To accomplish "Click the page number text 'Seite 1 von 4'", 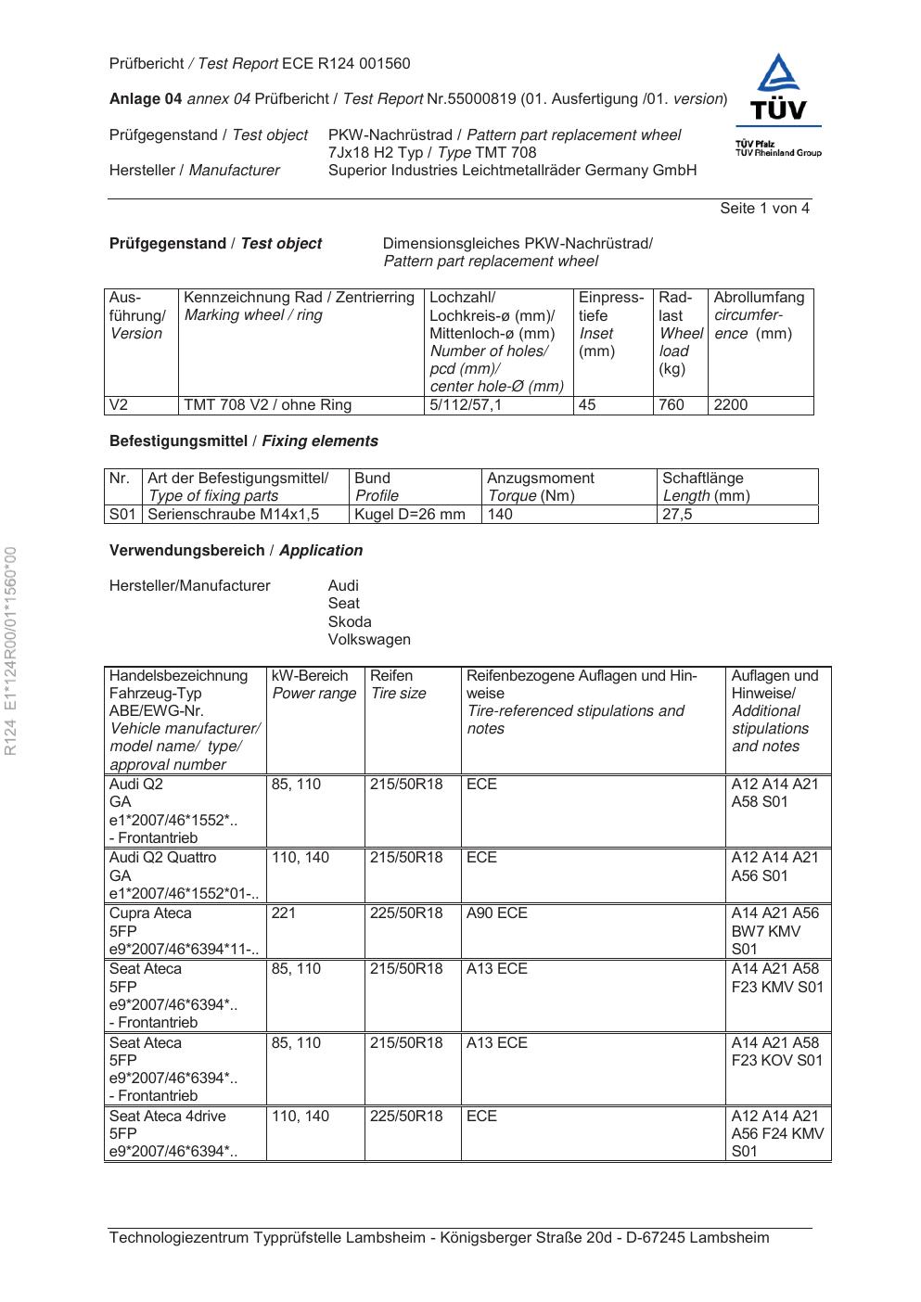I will pos(764,209).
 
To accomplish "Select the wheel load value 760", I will pos(671,405).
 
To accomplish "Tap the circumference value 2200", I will pos(730,405).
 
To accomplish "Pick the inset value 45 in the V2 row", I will pos(587,405).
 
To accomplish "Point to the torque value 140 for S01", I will pos(500,514).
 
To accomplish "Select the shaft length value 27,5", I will pos(677,514).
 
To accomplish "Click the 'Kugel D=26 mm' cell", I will pos(410,514).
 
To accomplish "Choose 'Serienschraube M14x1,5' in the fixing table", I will pos(234,514).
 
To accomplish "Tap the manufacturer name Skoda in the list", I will pos(350,621).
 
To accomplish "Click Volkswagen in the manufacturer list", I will pos(369,639).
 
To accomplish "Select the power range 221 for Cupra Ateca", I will pos(284,913).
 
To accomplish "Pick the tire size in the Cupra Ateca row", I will pos(406,913).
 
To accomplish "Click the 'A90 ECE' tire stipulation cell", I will pos(497,913).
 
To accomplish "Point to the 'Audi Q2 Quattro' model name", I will pos(162,858).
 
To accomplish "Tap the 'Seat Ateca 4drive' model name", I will pos(168,1117).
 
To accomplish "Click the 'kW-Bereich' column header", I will pos(310,676).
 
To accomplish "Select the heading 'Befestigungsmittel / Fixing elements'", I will pos(244,441).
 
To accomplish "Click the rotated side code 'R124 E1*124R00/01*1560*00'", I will pos(11,651).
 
